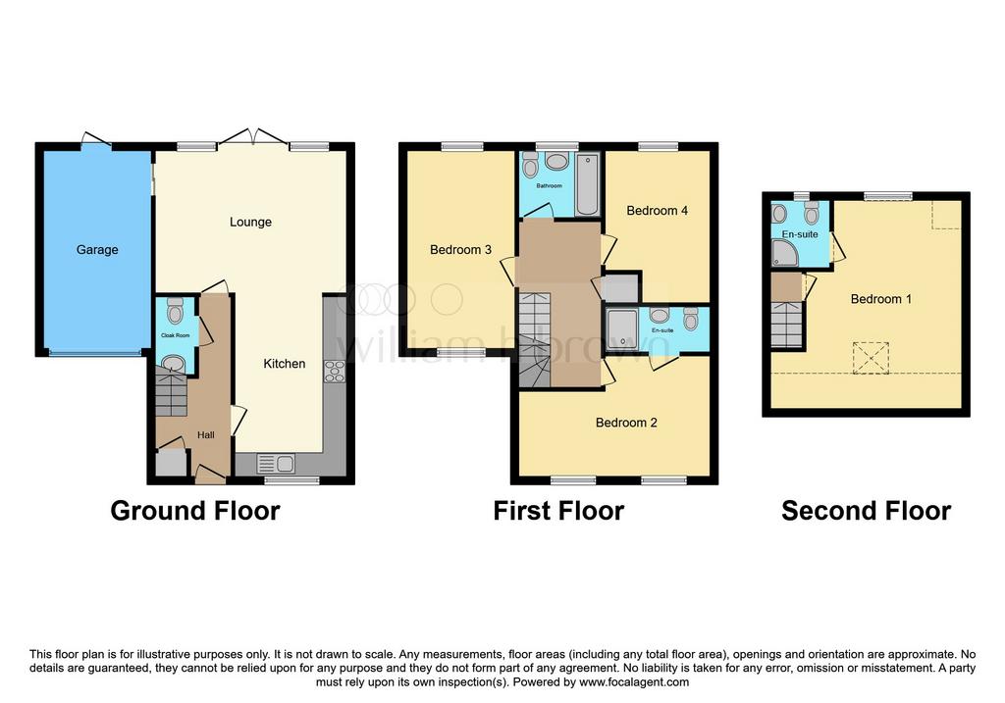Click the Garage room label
coord(97,250)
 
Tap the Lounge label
coord(250,223)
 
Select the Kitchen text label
coord(284,364)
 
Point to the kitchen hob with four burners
coord(335,372)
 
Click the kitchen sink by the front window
coord(276,463)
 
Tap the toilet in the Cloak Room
coord(175,312)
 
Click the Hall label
coord(206,435)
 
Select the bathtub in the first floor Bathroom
coord(587,184)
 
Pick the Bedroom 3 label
coord(460,250)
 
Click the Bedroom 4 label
coord(657,211)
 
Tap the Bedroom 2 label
coord(626,423)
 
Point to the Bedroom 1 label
coord(880,299)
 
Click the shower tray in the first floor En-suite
coord(621,329)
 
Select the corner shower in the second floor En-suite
coord(785,254)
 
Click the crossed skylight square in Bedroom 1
coord(871,358)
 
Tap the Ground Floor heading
coord(195,511)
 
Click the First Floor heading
coord(558,511)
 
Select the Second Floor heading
coord(866,511)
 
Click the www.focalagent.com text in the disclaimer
coord(634,682)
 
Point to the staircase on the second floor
coord(786,325)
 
